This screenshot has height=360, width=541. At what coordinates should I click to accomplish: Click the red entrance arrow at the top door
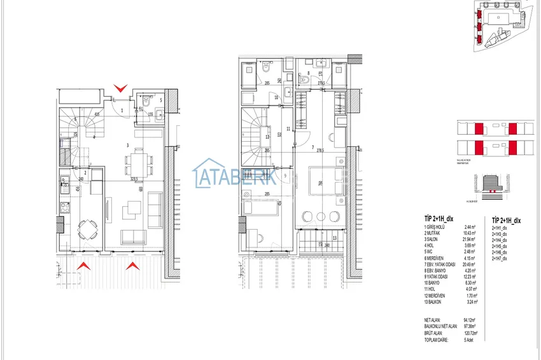(x=120, y=88)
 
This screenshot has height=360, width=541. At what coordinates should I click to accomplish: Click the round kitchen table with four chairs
(x=85, y=230)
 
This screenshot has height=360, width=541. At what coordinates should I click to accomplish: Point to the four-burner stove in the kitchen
(x=64, y=207)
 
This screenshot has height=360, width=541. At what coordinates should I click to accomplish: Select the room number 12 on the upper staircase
(x=268, y=137)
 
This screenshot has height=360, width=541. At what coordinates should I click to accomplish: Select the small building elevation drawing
(x=493, y=182)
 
